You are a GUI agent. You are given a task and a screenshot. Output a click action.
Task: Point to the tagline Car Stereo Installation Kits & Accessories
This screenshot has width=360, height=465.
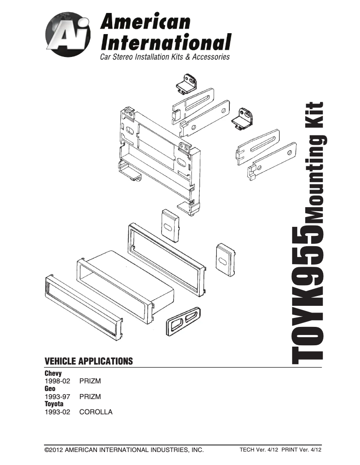[x=165, y=57]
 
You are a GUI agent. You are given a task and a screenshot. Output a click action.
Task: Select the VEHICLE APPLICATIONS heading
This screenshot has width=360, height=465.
[x=89, y=361]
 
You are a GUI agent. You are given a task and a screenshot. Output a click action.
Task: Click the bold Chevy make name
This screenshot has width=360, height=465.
[x=53, y=373]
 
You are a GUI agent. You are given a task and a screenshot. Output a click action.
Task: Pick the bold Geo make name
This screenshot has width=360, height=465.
[x=50, y=389]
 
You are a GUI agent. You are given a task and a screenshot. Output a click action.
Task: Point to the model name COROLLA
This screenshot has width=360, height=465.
[x=96, y=412]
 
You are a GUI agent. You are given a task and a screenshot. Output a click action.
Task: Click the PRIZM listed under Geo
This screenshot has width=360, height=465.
[x=90, y=397]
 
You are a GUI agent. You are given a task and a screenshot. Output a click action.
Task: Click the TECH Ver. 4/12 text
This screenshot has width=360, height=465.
[x=257, y=450]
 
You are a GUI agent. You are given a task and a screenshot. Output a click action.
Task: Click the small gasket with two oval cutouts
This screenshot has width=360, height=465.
[x=184, y=320]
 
